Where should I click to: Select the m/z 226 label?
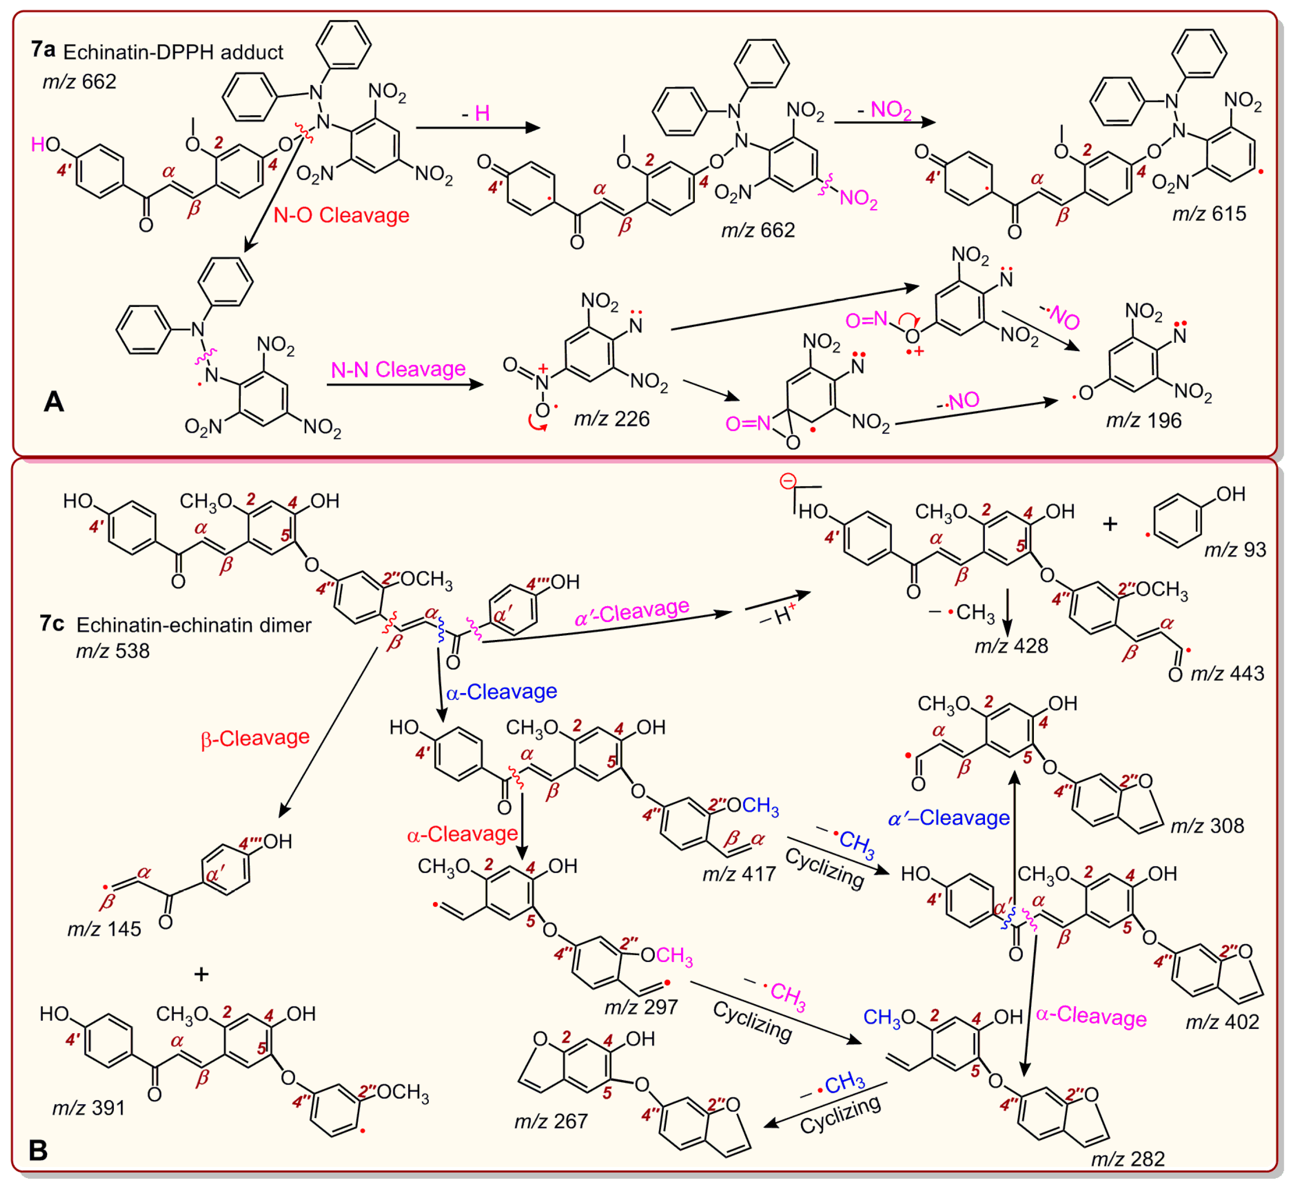611,419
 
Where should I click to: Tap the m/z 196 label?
1144,420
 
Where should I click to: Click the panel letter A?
54,402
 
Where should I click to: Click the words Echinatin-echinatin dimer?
194,625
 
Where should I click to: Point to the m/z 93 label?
1235,549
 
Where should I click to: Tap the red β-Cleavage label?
255,737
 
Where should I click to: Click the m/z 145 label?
104,929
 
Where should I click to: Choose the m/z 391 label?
88,1107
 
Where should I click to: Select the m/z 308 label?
1207,826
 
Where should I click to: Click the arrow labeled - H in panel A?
477,128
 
